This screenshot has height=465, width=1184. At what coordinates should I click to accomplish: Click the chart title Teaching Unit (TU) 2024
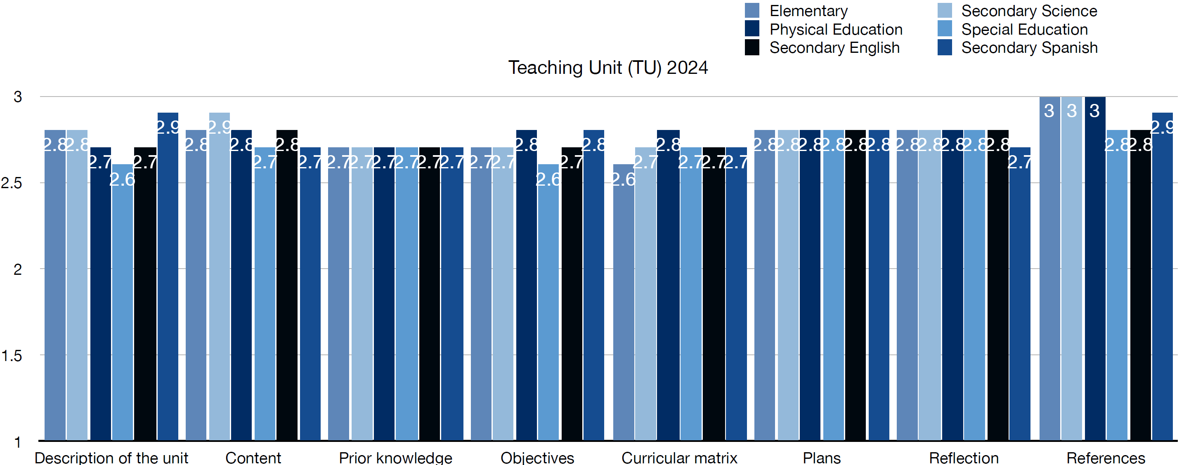(x=607, y=68)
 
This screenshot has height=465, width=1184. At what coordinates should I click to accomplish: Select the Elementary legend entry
(x=808, y=11)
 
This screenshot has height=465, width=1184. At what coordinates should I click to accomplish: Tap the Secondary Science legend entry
(x=1029, y=11)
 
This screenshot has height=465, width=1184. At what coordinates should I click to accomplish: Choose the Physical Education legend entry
(x=836, y=29)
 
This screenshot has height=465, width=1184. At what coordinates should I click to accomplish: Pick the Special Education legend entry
(x=1024, y=29)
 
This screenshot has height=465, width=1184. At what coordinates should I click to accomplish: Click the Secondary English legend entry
(x=834, y=48)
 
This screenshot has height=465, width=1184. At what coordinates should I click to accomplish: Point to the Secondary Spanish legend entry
(x=1029, y=48)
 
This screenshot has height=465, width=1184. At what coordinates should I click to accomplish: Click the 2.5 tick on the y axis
(x=12, y=183)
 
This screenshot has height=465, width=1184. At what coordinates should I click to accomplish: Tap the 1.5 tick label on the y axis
(x=12, y=356)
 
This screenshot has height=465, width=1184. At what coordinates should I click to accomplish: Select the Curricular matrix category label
(x=679, y=458)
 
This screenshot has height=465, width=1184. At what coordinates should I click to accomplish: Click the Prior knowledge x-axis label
(x=395, y=458)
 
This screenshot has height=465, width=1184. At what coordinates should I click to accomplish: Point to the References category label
(x=1106, y=458)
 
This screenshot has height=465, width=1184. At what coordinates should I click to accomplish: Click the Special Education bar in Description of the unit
(x=122, y=303)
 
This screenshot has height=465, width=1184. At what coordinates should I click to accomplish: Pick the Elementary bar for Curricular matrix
(x=623, y=303)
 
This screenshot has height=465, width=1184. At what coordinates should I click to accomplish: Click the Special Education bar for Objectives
(x=548, y=303)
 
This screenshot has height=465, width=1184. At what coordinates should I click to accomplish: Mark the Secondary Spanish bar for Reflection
(x=1019, y=294)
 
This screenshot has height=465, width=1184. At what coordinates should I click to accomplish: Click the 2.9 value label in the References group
(x=1163, y=127)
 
